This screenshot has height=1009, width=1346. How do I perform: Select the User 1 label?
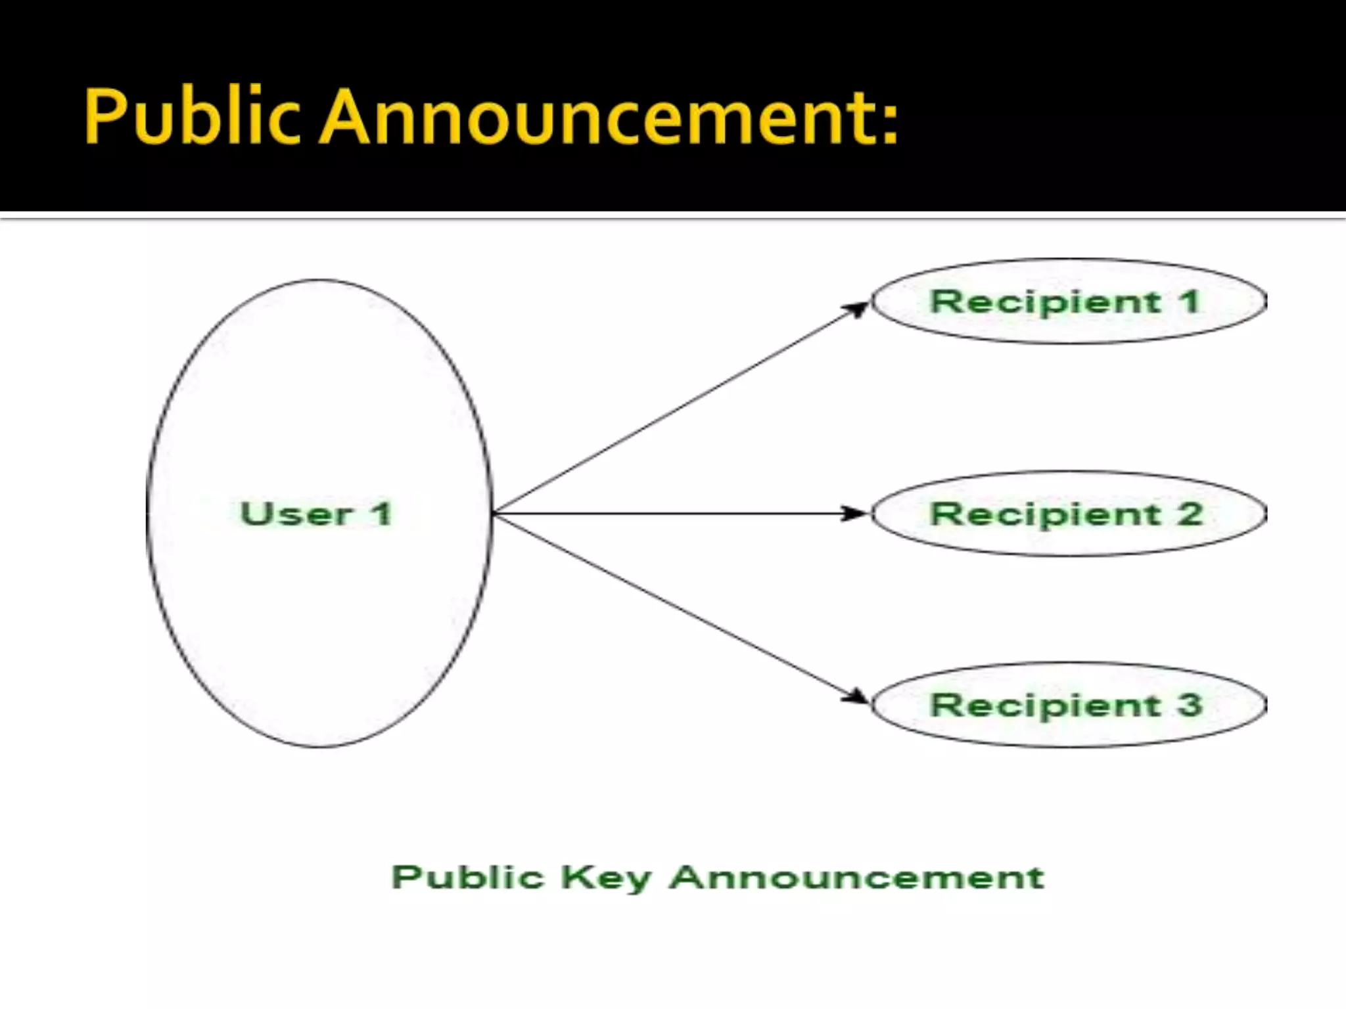pos(317,514)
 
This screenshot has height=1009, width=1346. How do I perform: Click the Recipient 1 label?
pos(1066,302)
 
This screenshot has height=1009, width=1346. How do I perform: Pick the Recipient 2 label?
pos(1066,514)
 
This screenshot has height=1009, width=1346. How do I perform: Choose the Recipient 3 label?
pos(1066,705)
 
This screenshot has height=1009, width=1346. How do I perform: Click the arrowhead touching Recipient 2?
pos(856,514)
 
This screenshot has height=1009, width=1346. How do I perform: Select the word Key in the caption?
pos(606,878)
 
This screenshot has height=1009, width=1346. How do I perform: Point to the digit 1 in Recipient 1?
pos(1190,302)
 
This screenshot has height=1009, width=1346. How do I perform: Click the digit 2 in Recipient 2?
pos(1190,514)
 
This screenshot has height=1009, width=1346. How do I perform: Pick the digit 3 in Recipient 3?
pos(1190,705)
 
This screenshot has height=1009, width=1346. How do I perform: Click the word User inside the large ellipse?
pos(297,514)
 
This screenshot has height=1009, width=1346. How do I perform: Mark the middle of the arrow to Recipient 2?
pos(680,514)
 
